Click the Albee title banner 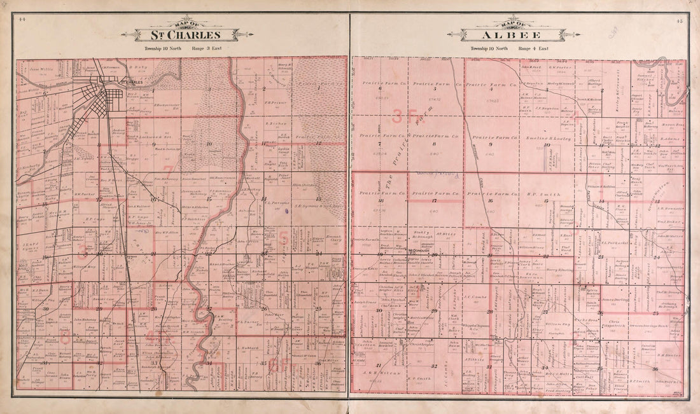click(x=517, y=34)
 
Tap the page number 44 click(x=22, y=20)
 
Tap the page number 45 click(x=680, y=21)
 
